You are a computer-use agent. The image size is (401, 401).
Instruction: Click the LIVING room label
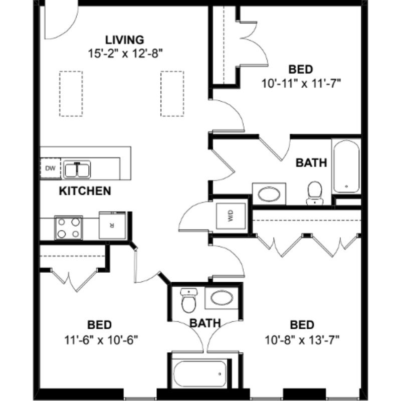[124, 40]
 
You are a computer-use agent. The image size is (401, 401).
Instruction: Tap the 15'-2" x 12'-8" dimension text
[125, 54]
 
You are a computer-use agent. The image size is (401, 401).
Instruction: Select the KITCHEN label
[85, 191]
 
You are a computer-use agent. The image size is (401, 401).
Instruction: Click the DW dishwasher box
[51, 168]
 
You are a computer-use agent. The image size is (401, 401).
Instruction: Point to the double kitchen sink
[77, 169]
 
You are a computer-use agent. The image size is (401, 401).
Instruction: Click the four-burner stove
[69, 228]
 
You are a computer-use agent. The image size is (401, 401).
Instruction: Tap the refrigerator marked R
[112, 225]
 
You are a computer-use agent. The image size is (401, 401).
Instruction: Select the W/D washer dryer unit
[231, 216]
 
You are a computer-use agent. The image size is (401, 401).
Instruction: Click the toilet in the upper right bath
[315, 193]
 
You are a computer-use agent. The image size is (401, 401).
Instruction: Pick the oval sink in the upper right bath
[269, 194]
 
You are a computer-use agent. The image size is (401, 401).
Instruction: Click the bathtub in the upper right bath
[346, 166]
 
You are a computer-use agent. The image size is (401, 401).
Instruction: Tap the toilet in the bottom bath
[188, 300]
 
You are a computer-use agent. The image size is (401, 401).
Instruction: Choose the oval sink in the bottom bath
[222, 298]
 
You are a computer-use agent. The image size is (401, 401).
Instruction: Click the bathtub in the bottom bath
[199, 374]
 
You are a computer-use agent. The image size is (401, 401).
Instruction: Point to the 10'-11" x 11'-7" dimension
[301, 84]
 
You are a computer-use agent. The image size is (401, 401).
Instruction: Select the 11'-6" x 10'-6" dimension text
[101, 340]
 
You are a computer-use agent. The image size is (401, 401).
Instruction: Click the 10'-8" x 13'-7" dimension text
[302, 340]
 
